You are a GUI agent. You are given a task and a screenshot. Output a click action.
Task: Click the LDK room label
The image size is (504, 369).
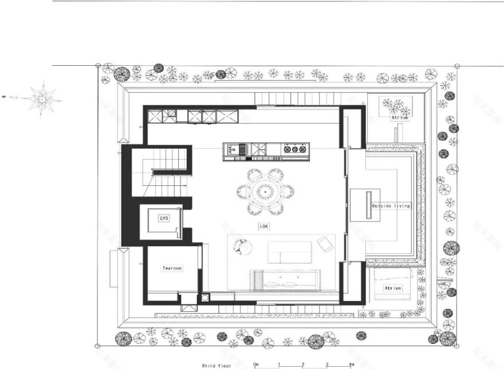point(264,226)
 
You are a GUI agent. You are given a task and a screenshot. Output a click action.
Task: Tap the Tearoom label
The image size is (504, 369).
point(172,268)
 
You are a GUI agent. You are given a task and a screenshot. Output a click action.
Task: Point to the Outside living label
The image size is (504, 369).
point(391,205)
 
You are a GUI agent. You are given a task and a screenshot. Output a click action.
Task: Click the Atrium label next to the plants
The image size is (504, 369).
point(399,117)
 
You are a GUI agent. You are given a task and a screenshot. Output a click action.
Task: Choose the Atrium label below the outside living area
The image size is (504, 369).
point(392,288)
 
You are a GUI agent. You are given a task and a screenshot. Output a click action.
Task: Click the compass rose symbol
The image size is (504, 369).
point(42,100)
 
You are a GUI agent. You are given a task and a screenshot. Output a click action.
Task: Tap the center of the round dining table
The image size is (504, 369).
point(265,191)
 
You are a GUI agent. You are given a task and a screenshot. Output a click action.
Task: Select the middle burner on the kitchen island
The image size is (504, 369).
point(294,150)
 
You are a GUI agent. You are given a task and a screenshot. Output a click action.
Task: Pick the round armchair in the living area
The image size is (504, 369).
point(243,247)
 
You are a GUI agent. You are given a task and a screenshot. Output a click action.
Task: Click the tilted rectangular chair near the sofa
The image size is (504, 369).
point(325,244)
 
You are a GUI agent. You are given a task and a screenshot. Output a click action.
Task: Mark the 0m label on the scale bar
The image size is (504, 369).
point(256,364)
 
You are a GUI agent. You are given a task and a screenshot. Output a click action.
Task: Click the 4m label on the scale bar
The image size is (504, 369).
point(350,364)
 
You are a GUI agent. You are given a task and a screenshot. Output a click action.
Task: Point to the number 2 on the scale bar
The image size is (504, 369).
point(303,364)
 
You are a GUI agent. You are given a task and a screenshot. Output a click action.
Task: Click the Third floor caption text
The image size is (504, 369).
point(215,364)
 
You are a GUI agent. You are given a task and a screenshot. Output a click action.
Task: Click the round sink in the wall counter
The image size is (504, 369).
point(170,114)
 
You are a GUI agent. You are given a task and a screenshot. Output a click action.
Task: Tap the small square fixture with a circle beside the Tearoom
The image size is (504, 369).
point(205,297)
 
